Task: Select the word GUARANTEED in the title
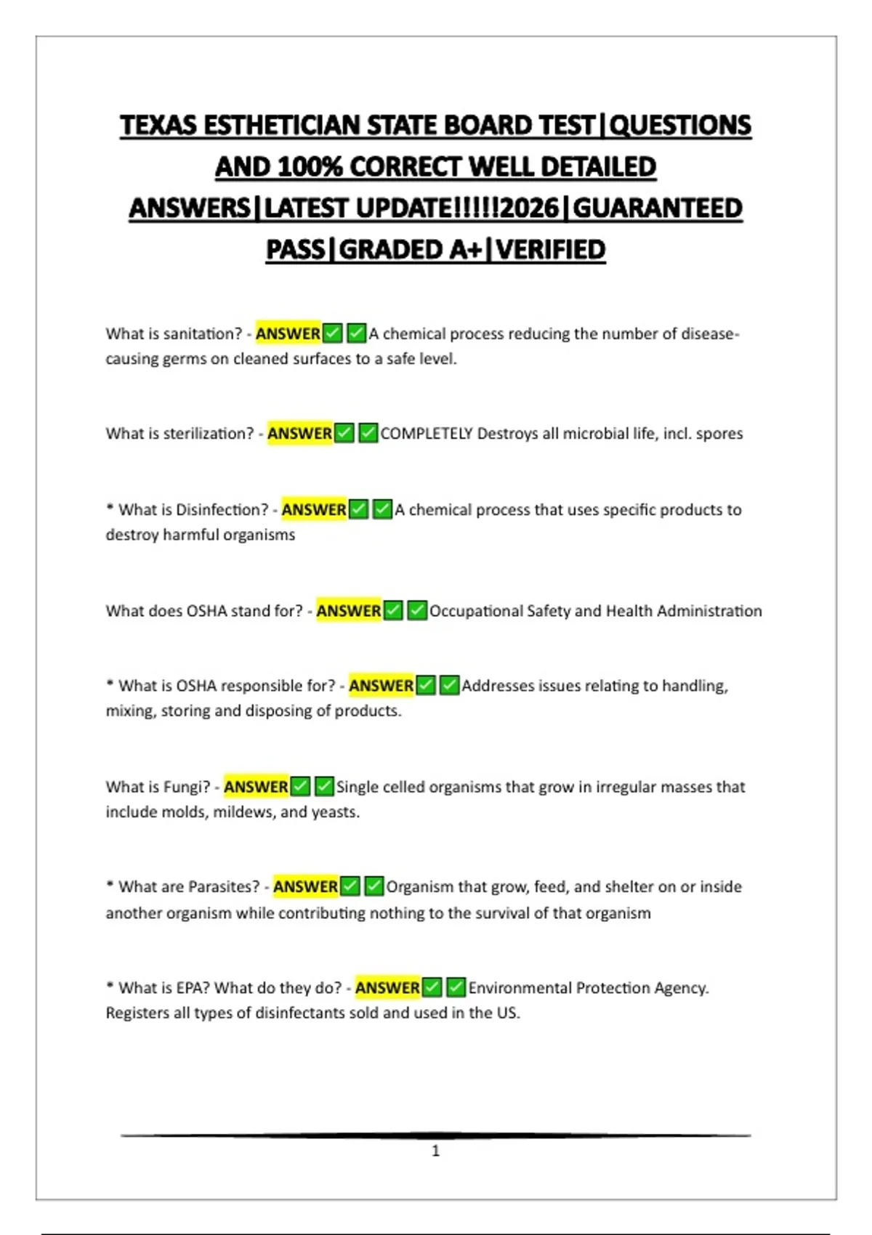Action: click(x=658, y=208)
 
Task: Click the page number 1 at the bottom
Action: click(x=436, y=1151)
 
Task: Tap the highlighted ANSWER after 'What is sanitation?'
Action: click(x=288, y=333)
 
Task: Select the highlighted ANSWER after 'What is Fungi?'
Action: click(x=256, y=787)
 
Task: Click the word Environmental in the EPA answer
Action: click(x=520, y=988)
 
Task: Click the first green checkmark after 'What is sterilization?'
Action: click(x=344, y=434)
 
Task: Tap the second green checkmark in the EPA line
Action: click(x=456, y=988)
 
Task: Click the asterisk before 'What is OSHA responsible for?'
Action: click(x=110, y=684)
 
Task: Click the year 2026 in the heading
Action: click(x=530, y=208)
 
